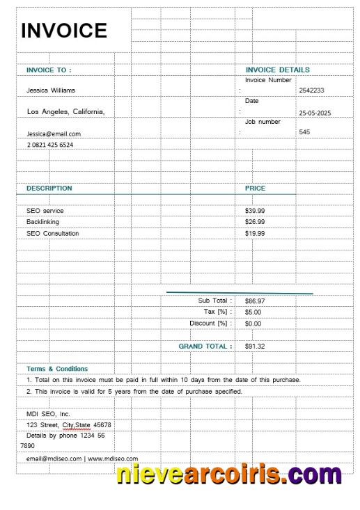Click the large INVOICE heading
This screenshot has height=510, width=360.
point(64,31)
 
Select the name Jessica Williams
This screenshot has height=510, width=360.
point(51,90)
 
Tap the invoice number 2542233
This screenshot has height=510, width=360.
point(311,90)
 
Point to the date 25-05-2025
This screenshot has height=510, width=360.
point(315,113)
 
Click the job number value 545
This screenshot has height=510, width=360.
point(304,132)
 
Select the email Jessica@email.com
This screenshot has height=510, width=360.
point(54,134)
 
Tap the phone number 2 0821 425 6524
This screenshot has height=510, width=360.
point(50,145)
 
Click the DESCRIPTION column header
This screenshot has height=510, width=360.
point(49,189)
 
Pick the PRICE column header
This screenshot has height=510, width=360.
point(255,189)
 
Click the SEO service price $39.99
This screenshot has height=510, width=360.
point(255,211)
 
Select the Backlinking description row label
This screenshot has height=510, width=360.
point(42,222)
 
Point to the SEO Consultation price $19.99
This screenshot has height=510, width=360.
point(255,234)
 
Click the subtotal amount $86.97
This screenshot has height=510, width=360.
point(255,301)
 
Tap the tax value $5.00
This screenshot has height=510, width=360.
point(253,312)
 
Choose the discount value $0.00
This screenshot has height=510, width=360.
point(253,324)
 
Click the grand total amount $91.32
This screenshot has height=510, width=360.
point(255,346)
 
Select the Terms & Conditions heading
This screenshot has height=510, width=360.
point(57,369)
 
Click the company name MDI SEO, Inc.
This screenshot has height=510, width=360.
point(49,414)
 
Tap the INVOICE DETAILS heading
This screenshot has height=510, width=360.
point(278,70)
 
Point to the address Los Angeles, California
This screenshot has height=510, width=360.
point(65,112)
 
